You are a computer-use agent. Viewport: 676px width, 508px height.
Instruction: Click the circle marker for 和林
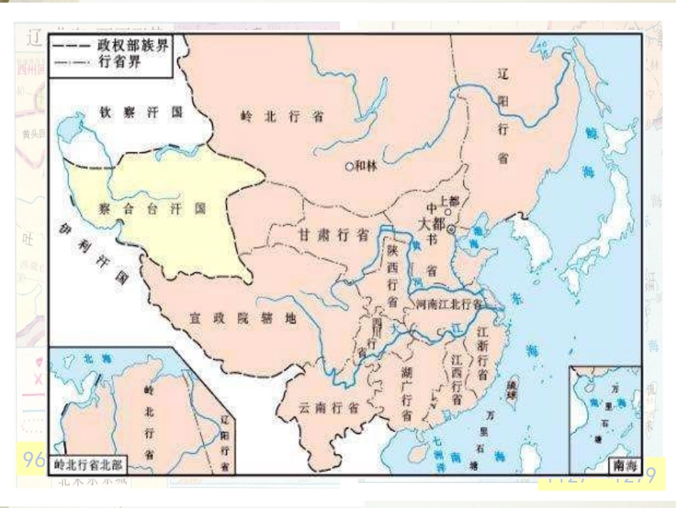[349, 167]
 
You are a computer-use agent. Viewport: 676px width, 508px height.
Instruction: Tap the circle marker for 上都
[447, 212]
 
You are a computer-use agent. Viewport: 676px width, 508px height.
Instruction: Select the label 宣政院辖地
[242, 318]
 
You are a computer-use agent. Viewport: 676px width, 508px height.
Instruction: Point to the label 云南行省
[328, 408]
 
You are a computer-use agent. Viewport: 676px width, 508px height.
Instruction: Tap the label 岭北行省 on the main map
[282, 117]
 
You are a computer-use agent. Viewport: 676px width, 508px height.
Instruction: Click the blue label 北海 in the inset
[93, 360]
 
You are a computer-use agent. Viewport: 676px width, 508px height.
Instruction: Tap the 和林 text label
[365, 166]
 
